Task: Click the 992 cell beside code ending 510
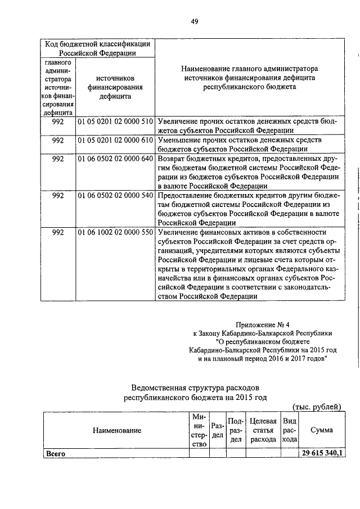[x=57, y=121]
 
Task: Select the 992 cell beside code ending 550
[x=57, y=232]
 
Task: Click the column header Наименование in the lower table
[x=117, y=430]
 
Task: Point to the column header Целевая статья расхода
[x=263, y=430]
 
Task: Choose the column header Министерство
[x=199, y=430]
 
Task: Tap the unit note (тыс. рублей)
[x=316, y=406]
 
